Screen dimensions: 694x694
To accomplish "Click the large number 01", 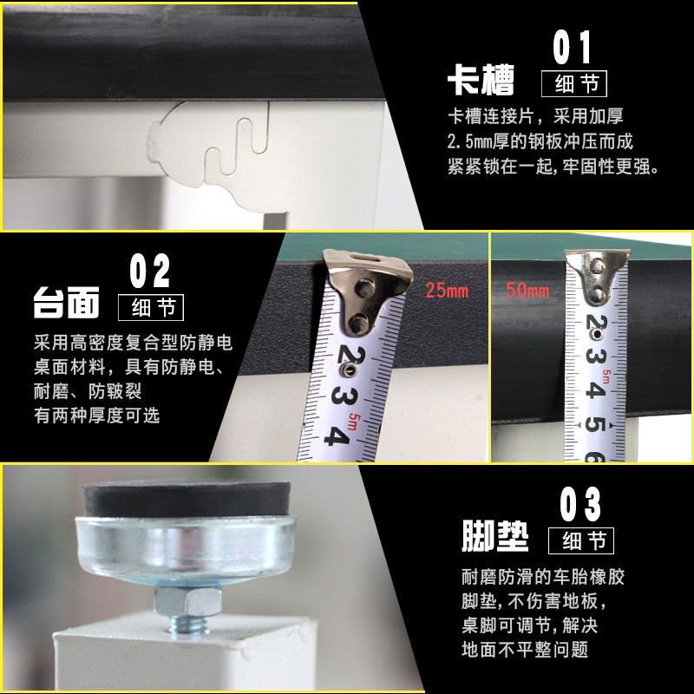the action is point(572,47).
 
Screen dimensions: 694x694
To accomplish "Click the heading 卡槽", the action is point(481,80).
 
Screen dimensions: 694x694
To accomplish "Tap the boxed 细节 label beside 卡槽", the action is point(574,83).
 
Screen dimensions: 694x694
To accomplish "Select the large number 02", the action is point(149,271).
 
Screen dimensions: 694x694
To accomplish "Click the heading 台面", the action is point(67,303).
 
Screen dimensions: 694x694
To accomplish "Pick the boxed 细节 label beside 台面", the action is point(151,308).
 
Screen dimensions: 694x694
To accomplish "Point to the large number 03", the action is point(580,504).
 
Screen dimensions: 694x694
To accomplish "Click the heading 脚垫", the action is point(494,535).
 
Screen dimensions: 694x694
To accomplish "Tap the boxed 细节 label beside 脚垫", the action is point(581,540).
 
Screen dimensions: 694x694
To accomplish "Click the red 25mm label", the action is point(447,291).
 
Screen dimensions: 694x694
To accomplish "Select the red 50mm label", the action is point(527,291).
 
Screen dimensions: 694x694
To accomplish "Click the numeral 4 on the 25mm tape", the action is point(337,435).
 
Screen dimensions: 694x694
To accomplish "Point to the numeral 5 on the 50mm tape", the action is point(595,423).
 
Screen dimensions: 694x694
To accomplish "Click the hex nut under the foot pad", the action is point(187,600).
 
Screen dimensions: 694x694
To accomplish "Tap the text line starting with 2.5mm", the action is point(540,141).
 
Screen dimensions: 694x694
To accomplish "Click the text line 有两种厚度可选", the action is point(97,416).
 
